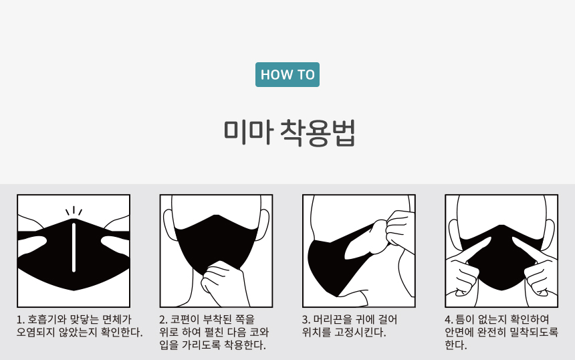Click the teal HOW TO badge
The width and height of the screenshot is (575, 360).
(287, 74)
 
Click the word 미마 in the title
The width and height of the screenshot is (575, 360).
(249, 132)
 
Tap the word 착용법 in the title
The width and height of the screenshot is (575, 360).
(318, 132)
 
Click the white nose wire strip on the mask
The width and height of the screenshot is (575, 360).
(74, 247)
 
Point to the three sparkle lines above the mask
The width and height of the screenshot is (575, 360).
(74, 211)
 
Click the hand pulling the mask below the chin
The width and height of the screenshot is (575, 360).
(221, 282)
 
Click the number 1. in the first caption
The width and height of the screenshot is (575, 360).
(21, 319)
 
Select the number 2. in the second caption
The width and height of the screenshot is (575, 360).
(164, 319)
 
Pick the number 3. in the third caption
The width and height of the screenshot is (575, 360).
(306, 319)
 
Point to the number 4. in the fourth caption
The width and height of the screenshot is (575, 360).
(449, 319)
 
